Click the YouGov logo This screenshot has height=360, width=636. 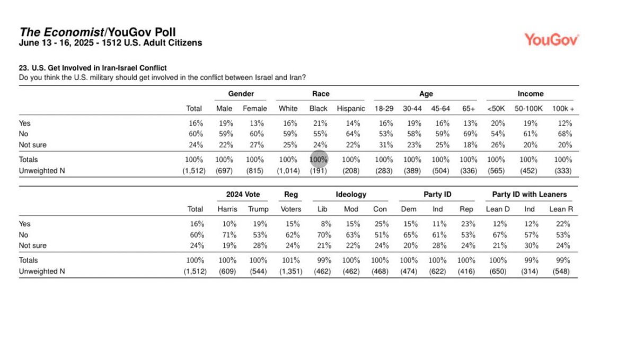pos(552,39)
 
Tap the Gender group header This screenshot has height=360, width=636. pos(241,94)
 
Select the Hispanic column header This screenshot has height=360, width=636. pos(351,109)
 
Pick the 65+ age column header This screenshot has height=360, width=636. pos(469,109)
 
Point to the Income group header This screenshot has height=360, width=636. pos(531,94)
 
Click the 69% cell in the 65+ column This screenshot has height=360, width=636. pos(469,134)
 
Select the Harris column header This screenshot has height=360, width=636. pos(227,209)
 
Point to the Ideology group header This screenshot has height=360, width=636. pos(351,195)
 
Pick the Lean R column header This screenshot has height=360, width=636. pos(561,209)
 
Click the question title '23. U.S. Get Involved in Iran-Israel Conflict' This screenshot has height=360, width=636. pos(93,68)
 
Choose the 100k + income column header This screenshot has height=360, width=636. pos(563,109)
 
